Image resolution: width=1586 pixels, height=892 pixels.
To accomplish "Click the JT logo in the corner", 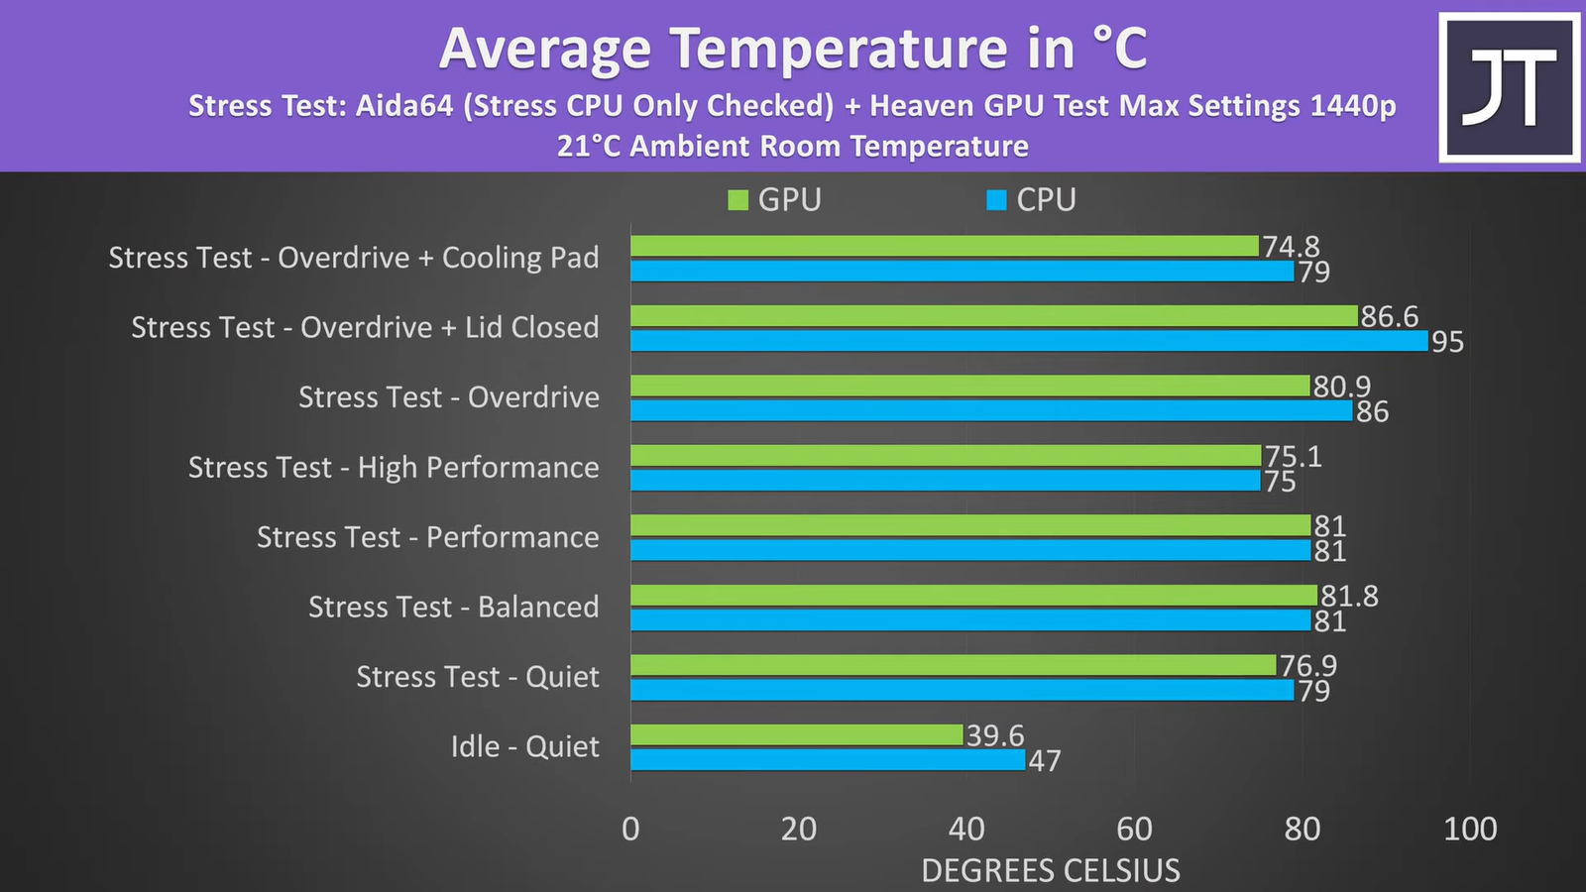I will click(x=1509, y=87).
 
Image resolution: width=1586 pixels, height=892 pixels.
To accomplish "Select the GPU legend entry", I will click(x=775, y=200).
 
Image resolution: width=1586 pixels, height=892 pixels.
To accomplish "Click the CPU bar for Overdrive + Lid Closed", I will click(x=1029, y=341).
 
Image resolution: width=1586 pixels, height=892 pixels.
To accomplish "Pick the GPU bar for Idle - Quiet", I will click(x=796, y=735).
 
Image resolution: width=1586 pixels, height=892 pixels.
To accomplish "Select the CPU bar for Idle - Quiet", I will click(x=828, y=760).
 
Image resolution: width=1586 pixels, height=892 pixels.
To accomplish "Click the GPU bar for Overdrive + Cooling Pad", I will click(x=944, y=246).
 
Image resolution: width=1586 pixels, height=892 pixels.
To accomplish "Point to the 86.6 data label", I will click(x=1389, y=316).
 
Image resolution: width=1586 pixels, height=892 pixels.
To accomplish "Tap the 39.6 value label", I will click(x=994, y=735).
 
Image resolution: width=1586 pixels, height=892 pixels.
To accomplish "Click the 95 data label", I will click(x=1447, y=342).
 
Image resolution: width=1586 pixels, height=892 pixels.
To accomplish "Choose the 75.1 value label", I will click(x=1293, y=456).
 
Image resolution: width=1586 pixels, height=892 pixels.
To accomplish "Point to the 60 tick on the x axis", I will click(x=1134, y=829).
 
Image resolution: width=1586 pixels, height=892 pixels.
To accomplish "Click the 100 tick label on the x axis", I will click(x=1469, y=829).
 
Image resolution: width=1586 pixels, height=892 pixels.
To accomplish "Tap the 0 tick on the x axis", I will click(x=630, y=829).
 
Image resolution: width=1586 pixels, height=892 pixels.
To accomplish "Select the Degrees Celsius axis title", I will click(x=1051, y=870).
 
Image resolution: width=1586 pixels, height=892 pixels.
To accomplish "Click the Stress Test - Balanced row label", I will click(x=453, y=607).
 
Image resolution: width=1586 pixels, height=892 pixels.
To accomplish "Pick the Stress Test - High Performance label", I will click(x=394, y=467).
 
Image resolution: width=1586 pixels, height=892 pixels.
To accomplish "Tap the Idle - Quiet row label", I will click(x=524, y=746).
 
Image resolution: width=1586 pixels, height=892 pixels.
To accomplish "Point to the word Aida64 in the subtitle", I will click(x=403, y=106).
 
